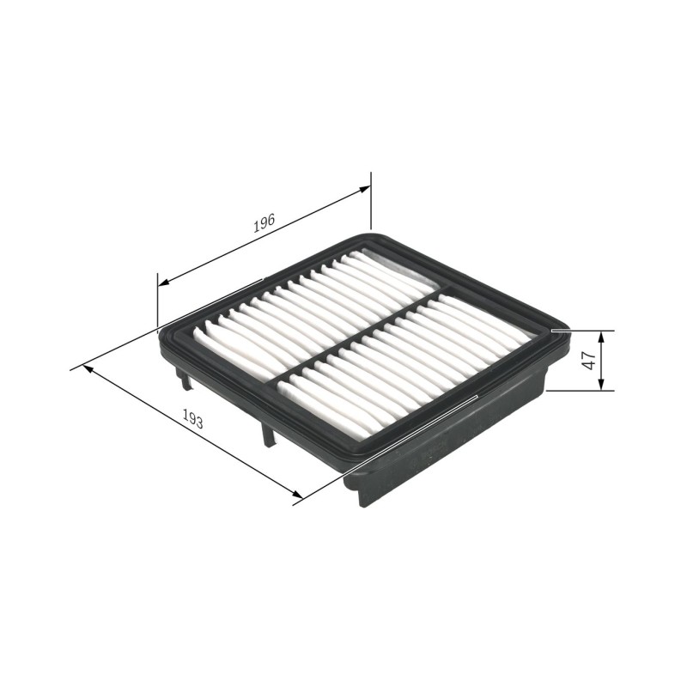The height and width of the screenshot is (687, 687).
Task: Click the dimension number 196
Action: (x=264, y=223)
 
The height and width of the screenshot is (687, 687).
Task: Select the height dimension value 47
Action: (x=590, y=360)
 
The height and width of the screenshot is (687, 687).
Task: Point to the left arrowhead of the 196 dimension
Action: (x=163, y=283)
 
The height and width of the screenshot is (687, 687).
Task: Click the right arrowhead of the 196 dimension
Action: (x=364, y=189)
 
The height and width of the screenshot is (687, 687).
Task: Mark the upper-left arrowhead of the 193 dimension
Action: (x=88, y=369)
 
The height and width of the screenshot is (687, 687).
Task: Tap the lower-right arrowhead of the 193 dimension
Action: (x=296, y=495)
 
